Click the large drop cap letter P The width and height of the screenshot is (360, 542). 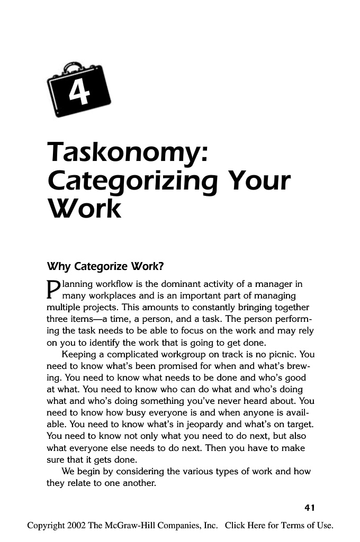tap(52, 290)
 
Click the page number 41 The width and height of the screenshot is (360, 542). tap(309, 508)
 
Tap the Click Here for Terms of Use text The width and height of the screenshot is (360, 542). tap(279, 526)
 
